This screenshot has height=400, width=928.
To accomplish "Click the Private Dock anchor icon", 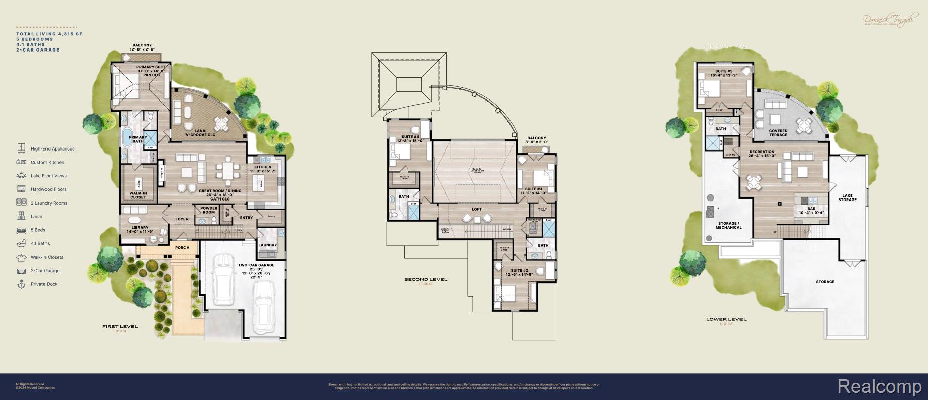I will (21, 284).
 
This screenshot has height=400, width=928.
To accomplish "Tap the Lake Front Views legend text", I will (49, 176).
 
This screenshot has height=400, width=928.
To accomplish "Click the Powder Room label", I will (209, 210).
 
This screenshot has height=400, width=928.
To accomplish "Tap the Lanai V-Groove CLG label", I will (200, 133).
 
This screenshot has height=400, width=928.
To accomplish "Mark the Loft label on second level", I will (477, 209).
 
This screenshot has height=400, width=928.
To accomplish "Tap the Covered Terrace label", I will (778, 133).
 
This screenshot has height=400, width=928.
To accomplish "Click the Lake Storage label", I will (847, 197).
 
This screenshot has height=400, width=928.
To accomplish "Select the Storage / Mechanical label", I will (728, 225).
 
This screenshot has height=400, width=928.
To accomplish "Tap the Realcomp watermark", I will (879, 386).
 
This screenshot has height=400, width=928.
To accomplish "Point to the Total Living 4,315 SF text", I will (49, 34).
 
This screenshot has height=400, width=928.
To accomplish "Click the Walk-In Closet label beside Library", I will (138, 195).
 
